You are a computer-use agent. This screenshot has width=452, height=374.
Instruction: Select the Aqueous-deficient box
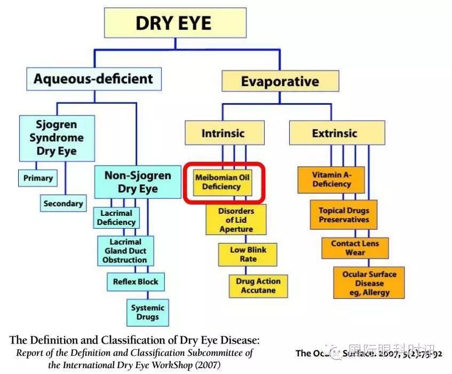93,79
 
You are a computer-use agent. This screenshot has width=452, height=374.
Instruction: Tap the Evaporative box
280,81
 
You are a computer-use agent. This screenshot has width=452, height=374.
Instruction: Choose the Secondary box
63,204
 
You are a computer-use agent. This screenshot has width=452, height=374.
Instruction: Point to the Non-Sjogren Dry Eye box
138,182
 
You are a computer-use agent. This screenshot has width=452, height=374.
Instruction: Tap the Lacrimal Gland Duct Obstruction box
125,251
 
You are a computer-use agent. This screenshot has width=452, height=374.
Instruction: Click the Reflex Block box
136,282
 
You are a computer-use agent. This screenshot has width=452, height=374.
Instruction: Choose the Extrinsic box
337,133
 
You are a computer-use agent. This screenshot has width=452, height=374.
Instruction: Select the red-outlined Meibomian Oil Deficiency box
225,182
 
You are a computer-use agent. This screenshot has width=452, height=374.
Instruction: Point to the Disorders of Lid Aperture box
236,220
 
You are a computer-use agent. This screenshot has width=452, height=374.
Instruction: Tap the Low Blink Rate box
248,254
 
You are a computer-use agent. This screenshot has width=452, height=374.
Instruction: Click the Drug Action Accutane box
259,286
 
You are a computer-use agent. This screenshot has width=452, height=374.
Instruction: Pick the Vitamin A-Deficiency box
331,179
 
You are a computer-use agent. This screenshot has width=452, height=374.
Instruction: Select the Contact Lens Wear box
355,247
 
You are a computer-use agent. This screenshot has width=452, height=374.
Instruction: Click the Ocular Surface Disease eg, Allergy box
369,283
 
